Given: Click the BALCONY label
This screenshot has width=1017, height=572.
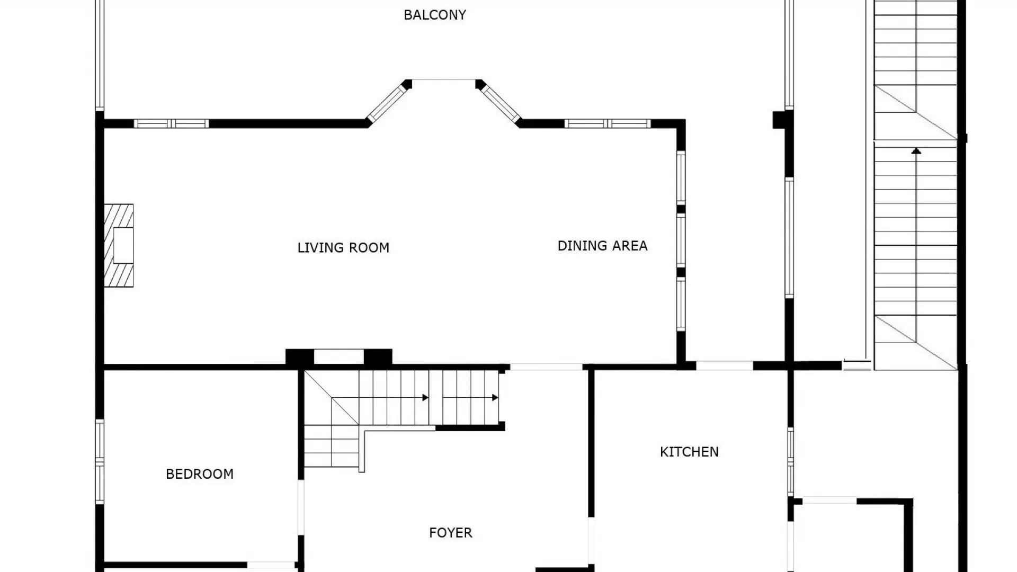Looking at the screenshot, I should [x=434, y=15].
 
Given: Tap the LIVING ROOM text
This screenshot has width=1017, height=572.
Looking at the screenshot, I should [x=343, y=247].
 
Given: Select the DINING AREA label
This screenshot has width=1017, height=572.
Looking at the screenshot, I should [x=602, y=246].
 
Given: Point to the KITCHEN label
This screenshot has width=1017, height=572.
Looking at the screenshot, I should [x=689, y=452].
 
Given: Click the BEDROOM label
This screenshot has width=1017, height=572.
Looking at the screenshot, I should [x=200, y=474].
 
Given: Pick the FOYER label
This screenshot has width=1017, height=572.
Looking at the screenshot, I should [x=450, y=533].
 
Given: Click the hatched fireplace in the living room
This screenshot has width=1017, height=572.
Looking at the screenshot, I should [x=119, y=246].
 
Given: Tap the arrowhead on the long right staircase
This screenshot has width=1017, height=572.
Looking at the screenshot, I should [x=916, y=151].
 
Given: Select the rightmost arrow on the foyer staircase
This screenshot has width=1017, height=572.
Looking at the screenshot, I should [x=494, y=398].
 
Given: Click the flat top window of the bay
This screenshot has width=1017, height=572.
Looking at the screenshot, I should [x=444, y=80].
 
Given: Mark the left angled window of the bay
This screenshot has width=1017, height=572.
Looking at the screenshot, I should [x=387, y=104].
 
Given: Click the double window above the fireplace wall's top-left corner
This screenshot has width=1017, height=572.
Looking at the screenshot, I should [x=171, y=124].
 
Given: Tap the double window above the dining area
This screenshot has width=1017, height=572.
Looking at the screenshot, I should [x=607, y=124].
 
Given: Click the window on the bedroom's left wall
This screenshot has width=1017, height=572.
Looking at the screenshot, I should [x=100, y=461].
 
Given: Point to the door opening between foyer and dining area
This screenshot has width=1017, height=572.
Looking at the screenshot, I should [x=546, y=367].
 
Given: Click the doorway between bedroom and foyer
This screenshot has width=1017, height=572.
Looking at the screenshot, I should [x=301, y=507].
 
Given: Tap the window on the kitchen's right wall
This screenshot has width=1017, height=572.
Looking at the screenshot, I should [x=790, y=461].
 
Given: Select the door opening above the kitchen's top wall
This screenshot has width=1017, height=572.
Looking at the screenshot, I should [x=724, y=365].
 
